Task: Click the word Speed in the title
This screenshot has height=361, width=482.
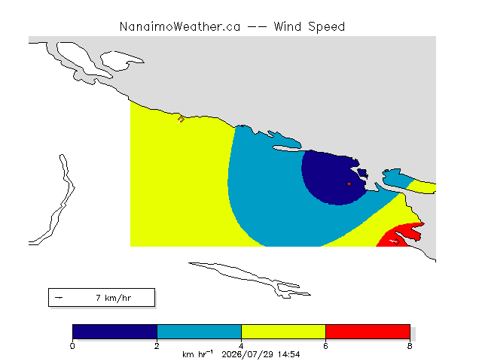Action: coord(326,27)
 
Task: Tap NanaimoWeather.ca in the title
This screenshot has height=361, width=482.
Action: coord(180,26)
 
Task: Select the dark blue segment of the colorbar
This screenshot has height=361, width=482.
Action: coord(114,332)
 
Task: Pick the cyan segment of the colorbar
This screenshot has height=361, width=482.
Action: coord(199,332)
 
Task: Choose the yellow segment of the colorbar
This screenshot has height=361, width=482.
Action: coord(283,332)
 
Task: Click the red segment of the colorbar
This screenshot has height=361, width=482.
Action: coord(368,332)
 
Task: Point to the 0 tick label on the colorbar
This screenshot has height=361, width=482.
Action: coord(72,346)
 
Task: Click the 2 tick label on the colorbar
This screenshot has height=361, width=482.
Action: coord(157,346)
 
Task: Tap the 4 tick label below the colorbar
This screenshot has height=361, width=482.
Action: coord(241,346)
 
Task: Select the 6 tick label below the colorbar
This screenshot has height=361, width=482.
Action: coord(325,346)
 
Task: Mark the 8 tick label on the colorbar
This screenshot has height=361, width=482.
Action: coord(410,346)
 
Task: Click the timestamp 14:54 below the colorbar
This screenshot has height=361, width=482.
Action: coord(288,354)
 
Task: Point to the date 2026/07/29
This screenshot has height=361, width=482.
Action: coord(248,355)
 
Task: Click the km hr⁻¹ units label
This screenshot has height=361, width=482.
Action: coord(197,354)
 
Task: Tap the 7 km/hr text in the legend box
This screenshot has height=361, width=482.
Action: coord(114,298)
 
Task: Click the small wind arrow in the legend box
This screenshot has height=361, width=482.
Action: coord(59,298)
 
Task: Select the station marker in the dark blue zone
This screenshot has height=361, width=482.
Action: coord(349,184)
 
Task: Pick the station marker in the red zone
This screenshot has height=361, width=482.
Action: coord(396,241)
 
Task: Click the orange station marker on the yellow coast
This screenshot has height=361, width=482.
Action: coord(181,119)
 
